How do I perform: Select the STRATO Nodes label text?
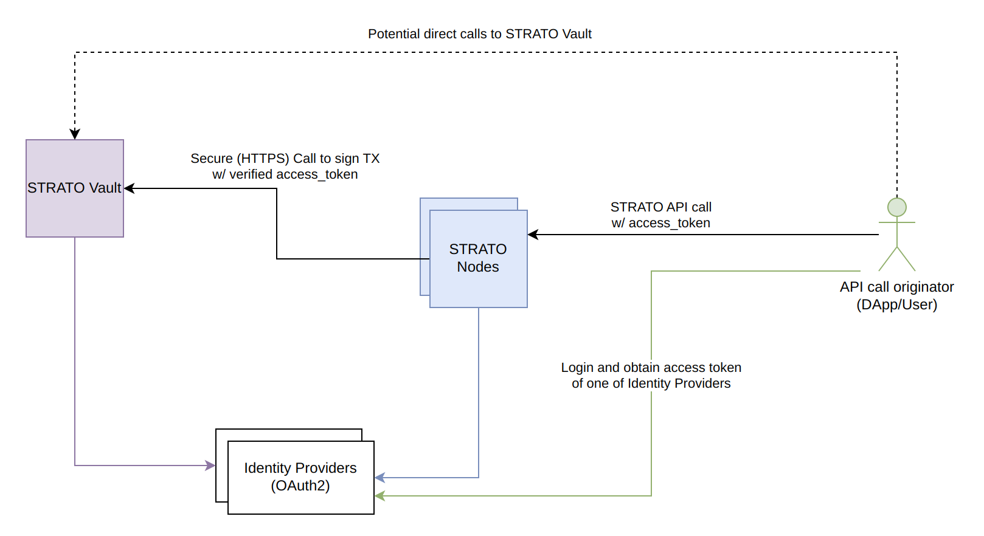(x=477, y=258)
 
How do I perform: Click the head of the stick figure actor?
(x=896, y=207)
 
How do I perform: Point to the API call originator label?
(x=896, y=287)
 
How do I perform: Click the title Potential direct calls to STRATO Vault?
(x=479, y=34)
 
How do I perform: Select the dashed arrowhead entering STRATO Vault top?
(x=75, y=134)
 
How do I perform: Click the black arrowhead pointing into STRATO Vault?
(x=129, y=188)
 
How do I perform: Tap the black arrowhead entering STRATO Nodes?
(x=533, y=235)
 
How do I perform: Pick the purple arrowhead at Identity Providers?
(x=210, y=466)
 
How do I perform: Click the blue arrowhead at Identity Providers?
(x=379, y=478)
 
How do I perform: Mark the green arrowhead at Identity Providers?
(x=379, y=496)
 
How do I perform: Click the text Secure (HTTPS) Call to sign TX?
(x=285, y=159)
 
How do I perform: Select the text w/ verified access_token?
(x=285, y=174)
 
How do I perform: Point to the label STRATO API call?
(x=660, y=207)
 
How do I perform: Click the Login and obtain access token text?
(x=651, y=368)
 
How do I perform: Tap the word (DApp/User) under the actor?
(x=896, y=304)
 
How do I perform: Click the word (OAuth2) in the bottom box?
(x=300, y=486)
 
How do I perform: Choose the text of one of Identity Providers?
(x=651, y=383)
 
